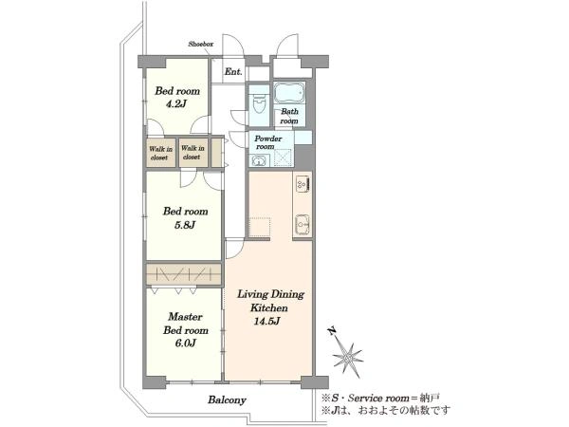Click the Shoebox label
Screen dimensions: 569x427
[x=200, y=45]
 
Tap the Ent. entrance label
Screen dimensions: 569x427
[x=233, y=71]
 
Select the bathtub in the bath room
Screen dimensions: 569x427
[x=289, y=93]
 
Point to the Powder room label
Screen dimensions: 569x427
[x=267, y=142]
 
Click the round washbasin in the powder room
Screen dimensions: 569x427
[x=259, y=161]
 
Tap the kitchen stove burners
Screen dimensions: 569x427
[x=303, y=183]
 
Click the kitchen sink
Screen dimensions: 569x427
[x=302, y=224]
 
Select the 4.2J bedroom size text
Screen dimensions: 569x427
[x=176, y=104]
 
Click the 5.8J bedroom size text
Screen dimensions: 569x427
[x=185, y=225]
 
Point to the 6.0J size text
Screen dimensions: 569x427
[x=186, y=343]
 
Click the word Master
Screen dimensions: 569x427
[x=185, y=317]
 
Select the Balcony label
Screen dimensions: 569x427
[x=227, y=400]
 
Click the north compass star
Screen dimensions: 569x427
[x=348, y=358]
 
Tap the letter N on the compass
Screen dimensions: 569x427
[x=331, y=331]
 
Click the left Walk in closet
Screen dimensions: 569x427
[x=160, y=153]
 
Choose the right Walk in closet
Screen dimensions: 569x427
[x=193, y=153]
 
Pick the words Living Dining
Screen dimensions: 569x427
[x=270, y=294]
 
